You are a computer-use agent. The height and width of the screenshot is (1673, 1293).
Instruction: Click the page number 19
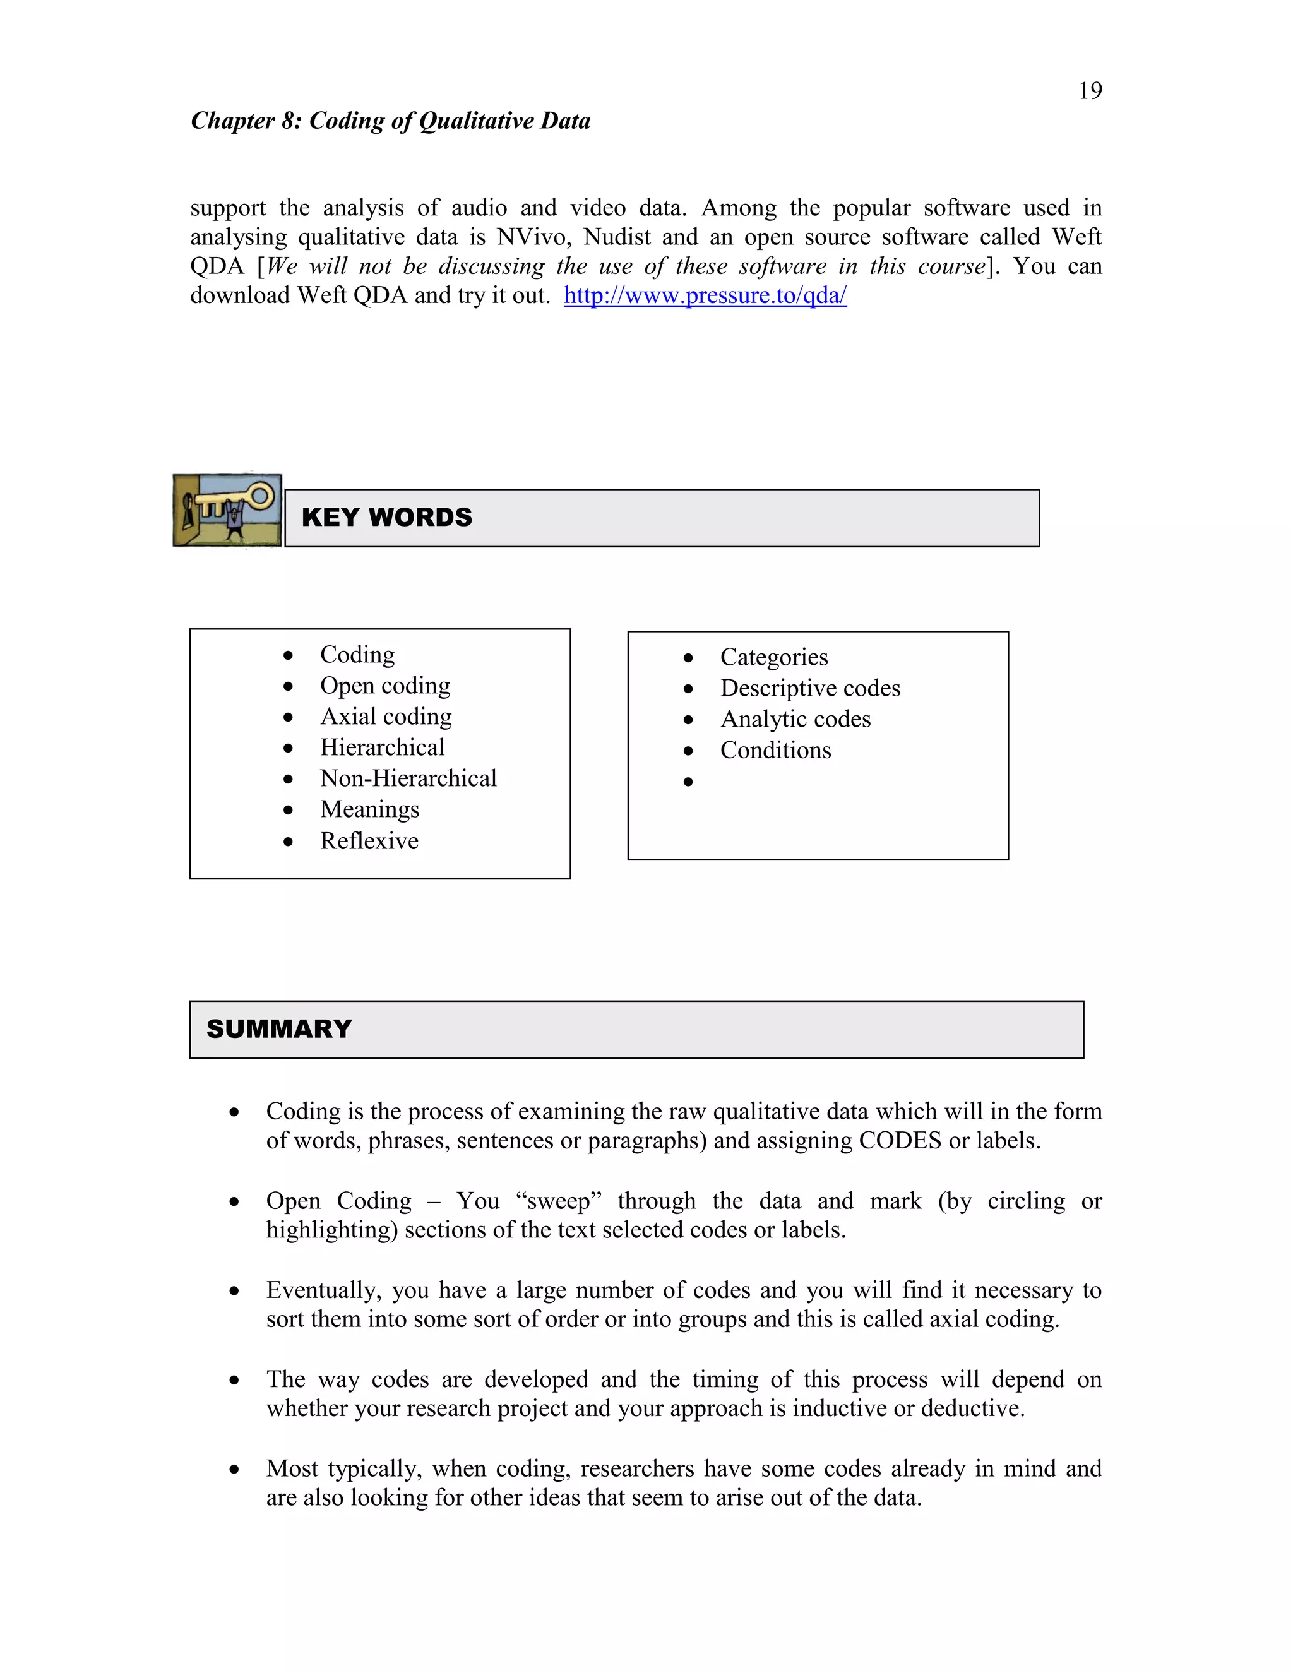tap(1090, 91)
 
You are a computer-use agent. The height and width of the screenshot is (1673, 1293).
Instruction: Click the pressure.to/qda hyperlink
tap(705, 295)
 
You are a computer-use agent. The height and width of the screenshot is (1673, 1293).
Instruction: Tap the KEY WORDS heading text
tap(387, 517)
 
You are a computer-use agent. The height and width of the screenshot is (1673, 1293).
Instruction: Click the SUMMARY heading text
tap(279, 1029)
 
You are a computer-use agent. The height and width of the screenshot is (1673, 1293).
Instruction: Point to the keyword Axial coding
tap(385, 717)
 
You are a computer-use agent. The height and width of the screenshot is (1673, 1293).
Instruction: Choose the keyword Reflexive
tap(369, 841)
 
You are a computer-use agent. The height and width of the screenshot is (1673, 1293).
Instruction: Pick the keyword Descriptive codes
tap(809, 688)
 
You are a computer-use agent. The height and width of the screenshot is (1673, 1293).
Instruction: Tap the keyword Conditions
tap(775, 750)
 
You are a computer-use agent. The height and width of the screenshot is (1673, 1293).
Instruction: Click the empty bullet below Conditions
tap(688, 782)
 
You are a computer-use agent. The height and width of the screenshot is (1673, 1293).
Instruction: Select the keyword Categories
tap(773, 657)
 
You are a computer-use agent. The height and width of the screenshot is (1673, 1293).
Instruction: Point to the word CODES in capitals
tap(899, 1141)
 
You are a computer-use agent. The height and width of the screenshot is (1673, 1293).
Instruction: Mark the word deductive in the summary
tap(970, 1408)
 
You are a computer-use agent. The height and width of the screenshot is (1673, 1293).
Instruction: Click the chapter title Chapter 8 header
tap(391, 121)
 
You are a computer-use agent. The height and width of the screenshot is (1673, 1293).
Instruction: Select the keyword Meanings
tap(369, 810)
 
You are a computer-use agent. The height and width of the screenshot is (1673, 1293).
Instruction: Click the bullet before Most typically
tap(234, 1469)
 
